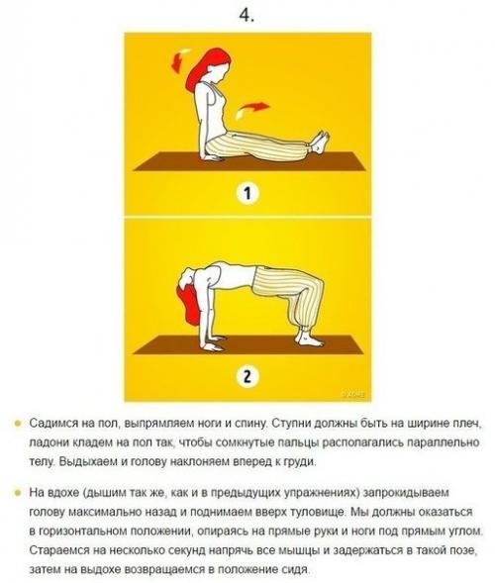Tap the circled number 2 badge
pos(247,376)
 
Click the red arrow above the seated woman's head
pos(178,60)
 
